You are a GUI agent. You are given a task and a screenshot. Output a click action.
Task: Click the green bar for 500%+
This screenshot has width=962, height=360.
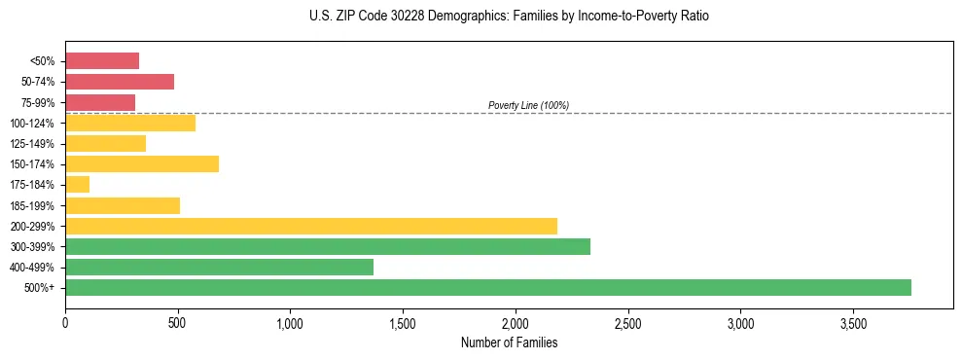(487, 287)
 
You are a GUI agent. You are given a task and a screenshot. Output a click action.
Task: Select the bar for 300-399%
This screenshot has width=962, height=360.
(327, 246)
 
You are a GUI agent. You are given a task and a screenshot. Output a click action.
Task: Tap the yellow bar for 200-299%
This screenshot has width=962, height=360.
(310, 226)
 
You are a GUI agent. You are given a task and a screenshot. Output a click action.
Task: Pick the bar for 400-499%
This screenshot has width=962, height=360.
(219, 267)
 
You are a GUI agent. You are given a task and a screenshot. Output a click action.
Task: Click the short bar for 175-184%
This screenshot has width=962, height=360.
(77, 185)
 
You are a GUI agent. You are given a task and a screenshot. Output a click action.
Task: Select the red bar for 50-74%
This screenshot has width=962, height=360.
(119, 82)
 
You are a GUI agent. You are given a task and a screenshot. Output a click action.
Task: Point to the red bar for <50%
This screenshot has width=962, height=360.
(101, 61)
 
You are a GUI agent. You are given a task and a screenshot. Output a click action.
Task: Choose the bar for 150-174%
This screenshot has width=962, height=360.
(141, 164)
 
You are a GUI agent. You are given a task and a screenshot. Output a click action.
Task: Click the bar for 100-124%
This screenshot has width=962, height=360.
(129, 123)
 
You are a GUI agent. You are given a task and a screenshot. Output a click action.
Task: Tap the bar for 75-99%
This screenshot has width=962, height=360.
(99, 102)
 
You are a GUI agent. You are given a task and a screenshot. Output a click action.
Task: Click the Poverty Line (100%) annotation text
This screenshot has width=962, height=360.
(528, 105)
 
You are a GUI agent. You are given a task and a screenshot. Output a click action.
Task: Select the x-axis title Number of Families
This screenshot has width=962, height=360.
(509, 342)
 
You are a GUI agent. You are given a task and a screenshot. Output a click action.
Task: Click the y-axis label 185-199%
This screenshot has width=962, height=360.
(32, 205)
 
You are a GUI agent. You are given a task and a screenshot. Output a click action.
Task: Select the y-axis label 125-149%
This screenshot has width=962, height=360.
(32, 144)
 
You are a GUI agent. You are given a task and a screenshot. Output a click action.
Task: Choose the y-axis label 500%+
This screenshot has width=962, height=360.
(39, 288)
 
